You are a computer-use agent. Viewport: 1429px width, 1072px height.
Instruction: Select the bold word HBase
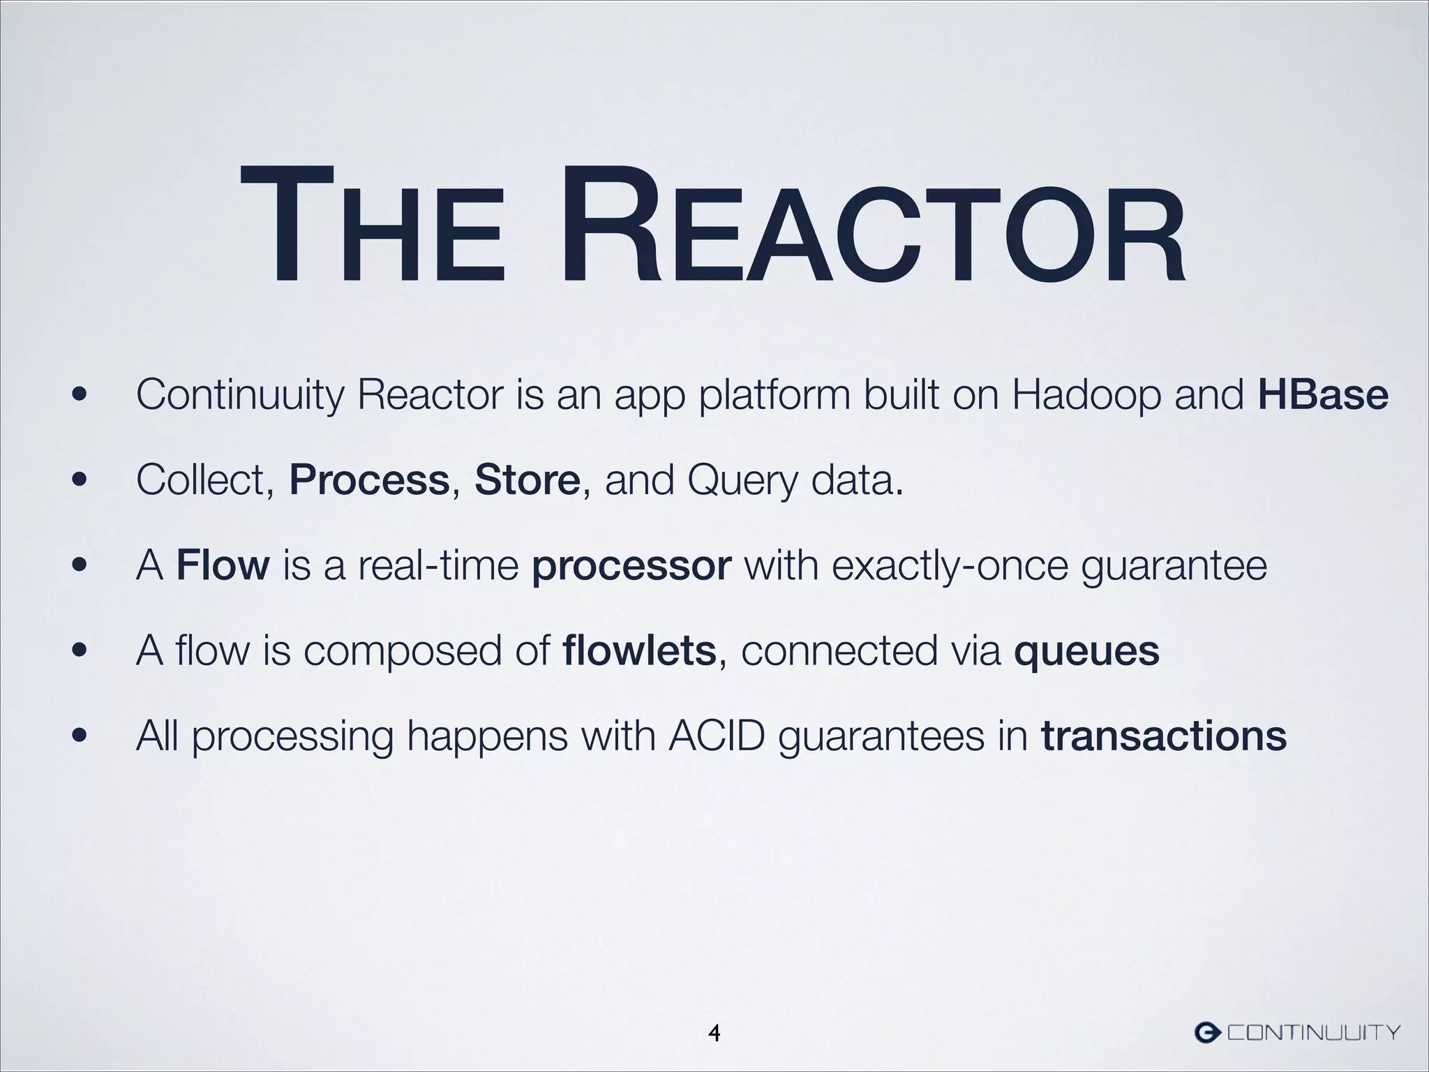[x=1322, y=395]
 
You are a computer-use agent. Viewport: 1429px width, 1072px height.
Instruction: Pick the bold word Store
[x=527, y=481]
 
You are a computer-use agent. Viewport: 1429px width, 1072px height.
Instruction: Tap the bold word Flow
[x=223, y=566]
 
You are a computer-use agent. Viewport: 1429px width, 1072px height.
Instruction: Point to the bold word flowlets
[x=638, y=651]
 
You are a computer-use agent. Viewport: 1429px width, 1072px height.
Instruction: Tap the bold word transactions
[x=1163, y=737]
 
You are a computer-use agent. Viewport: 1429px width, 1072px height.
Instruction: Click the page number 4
[x=714, y=1032]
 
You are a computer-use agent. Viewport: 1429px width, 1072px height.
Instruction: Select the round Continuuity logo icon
[x=1207, y=1032]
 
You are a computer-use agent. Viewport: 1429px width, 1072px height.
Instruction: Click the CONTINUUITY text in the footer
[x=1313, y=1032]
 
